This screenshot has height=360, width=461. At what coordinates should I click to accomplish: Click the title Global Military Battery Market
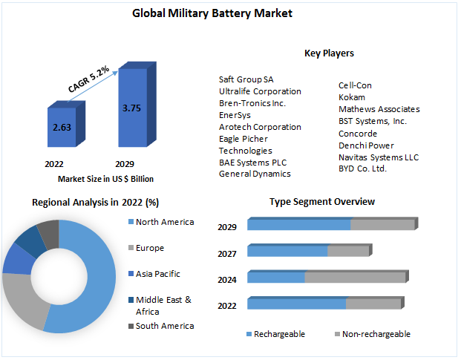click(x=202, y=13)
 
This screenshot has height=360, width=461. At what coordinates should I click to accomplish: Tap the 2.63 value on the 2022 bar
click(x=62, y=127)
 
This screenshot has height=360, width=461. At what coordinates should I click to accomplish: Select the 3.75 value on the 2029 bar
click(x=131, y=108)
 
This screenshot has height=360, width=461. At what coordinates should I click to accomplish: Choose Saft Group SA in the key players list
click(x=246, y=79)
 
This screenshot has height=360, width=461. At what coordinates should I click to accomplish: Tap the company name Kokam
click(x=352, y=97)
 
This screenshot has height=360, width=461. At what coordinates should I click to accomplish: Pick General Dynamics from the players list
click(x=255, y=174)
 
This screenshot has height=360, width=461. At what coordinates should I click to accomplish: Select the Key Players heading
click(x=329, y=53)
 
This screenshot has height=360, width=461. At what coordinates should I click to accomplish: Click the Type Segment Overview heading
click(x=321, y=202)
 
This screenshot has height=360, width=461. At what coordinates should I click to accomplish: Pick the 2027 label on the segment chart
click(x=227, y=254)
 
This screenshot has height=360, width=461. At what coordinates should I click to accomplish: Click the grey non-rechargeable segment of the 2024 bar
click(x=355, y=278)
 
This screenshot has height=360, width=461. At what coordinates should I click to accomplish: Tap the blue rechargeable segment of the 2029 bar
click(x=298, y=225)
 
